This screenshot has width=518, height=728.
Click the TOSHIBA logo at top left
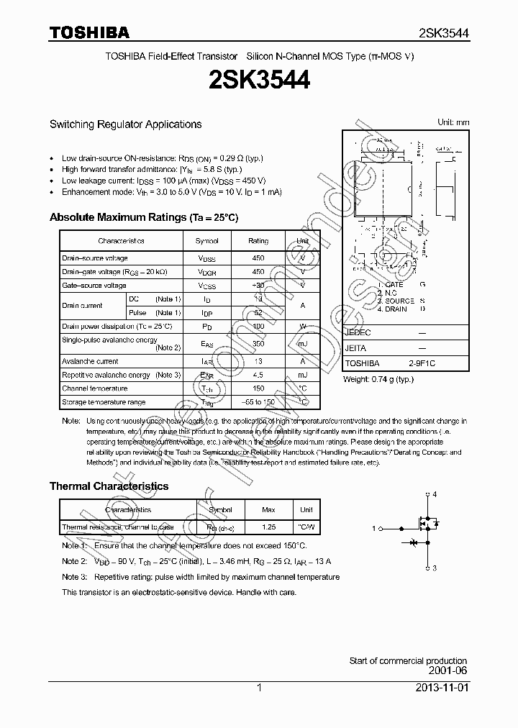click(x=89, y=32)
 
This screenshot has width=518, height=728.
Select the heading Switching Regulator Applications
click(x=125, y=124)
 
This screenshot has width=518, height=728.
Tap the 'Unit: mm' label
click(x=453, y=122)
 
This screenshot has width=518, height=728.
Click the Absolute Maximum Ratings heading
click(x=143, y=217)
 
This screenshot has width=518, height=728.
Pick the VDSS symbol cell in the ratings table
click(x=206, y=258)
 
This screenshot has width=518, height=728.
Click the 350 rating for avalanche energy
click(x=258, y=344)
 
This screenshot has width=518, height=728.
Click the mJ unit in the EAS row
click(x=302, y=344)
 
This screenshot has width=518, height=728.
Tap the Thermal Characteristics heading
click(x=109, y=486)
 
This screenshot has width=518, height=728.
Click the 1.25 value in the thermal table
click(x=268, y=527)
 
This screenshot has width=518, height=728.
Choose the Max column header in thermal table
click(x=268, y=510)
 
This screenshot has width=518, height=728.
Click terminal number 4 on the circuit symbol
click(x=434, y=494)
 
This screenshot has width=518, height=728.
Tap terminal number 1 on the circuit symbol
click(x=374, y=529)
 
